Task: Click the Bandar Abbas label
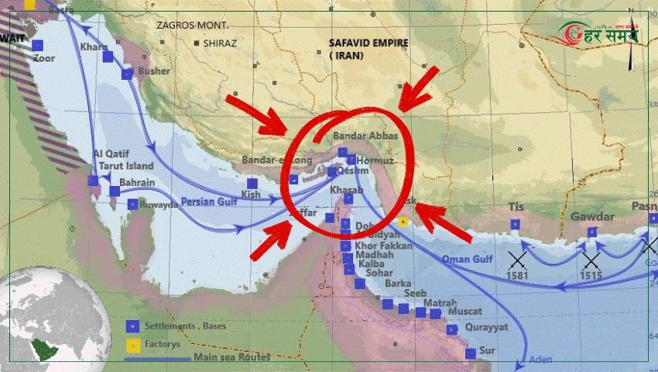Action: [x=365, y=136]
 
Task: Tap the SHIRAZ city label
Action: [x=220, y=43]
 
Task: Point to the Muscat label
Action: [x=464, y=311]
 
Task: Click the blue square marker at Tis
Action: [x=516, y=225]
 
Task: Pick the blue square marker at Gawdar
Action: [x=592, y=232]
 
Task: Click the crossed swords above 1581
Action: [x=518, y=259]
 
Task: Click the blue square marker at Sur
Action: [x=471, y=353]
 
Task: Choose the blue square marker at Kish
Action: [x=252, y=183]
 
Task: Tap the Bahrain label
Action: [x=138, y=183]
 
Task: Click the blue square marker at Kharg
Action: [x=108, y=56]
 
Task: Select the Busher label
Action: [x=153, y=71]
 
